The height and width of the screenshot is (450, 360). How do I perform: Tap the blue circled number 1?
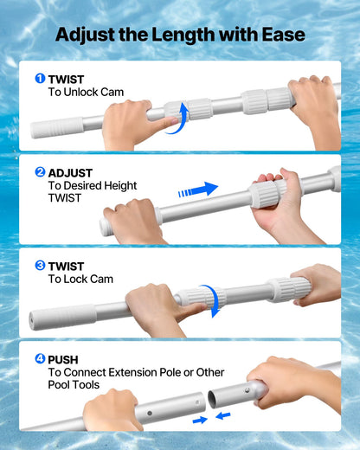[x=40, y=79]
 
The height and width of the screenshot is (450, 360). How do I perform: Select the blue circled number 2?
[x=40, y=172]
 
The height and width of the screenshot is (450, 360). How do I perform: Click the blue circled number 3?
[x=40, y=266]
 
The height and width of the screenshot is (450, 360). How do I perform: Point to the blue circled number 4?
[x=40, y=358]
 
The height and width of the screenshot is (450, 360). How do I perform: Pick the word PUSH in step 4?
[x=63, y=358]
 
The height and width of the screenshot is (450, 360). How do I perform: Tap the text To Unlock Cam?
[x=84, y=92]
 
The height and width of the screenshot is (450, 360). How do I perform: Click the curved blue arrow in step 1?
[x=177, y=119]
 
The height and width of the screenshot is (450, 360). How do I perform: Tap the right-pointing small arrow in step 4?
[x=200, y=419]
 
